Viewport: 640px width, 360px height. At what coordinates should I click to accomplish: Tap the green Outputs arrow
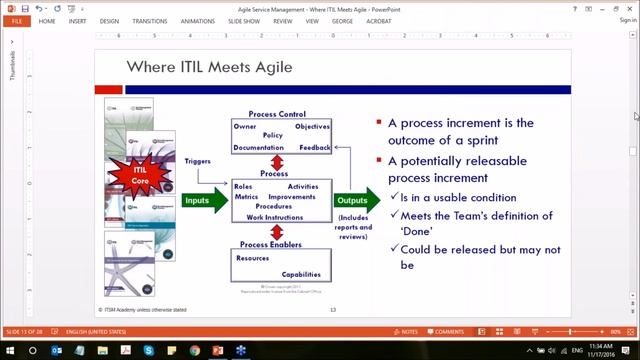click(x=354, y=201)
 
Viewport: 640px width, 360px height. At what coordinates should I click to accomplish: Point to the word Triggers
click(x=199, y=161)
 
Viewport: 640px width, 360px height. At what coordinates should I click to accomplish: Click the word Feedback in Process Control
click(x=315, y=148)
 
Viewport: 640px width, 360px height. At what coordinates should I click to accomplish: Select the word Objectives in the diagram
click(x=312, y=127)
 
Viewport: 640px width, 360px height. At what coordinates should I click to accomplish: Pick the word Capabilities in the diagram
click(x=301, y=274)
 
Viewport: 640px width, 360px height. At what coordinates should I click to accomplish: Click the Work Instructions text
click(x=275, y=217)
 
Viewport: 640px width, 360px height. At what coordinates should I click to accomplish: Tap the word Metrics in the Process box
click(x=246, y=197)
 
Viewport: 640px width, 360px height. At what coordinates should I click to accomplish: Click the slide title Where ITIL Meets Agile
click(x=209, y=67)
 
